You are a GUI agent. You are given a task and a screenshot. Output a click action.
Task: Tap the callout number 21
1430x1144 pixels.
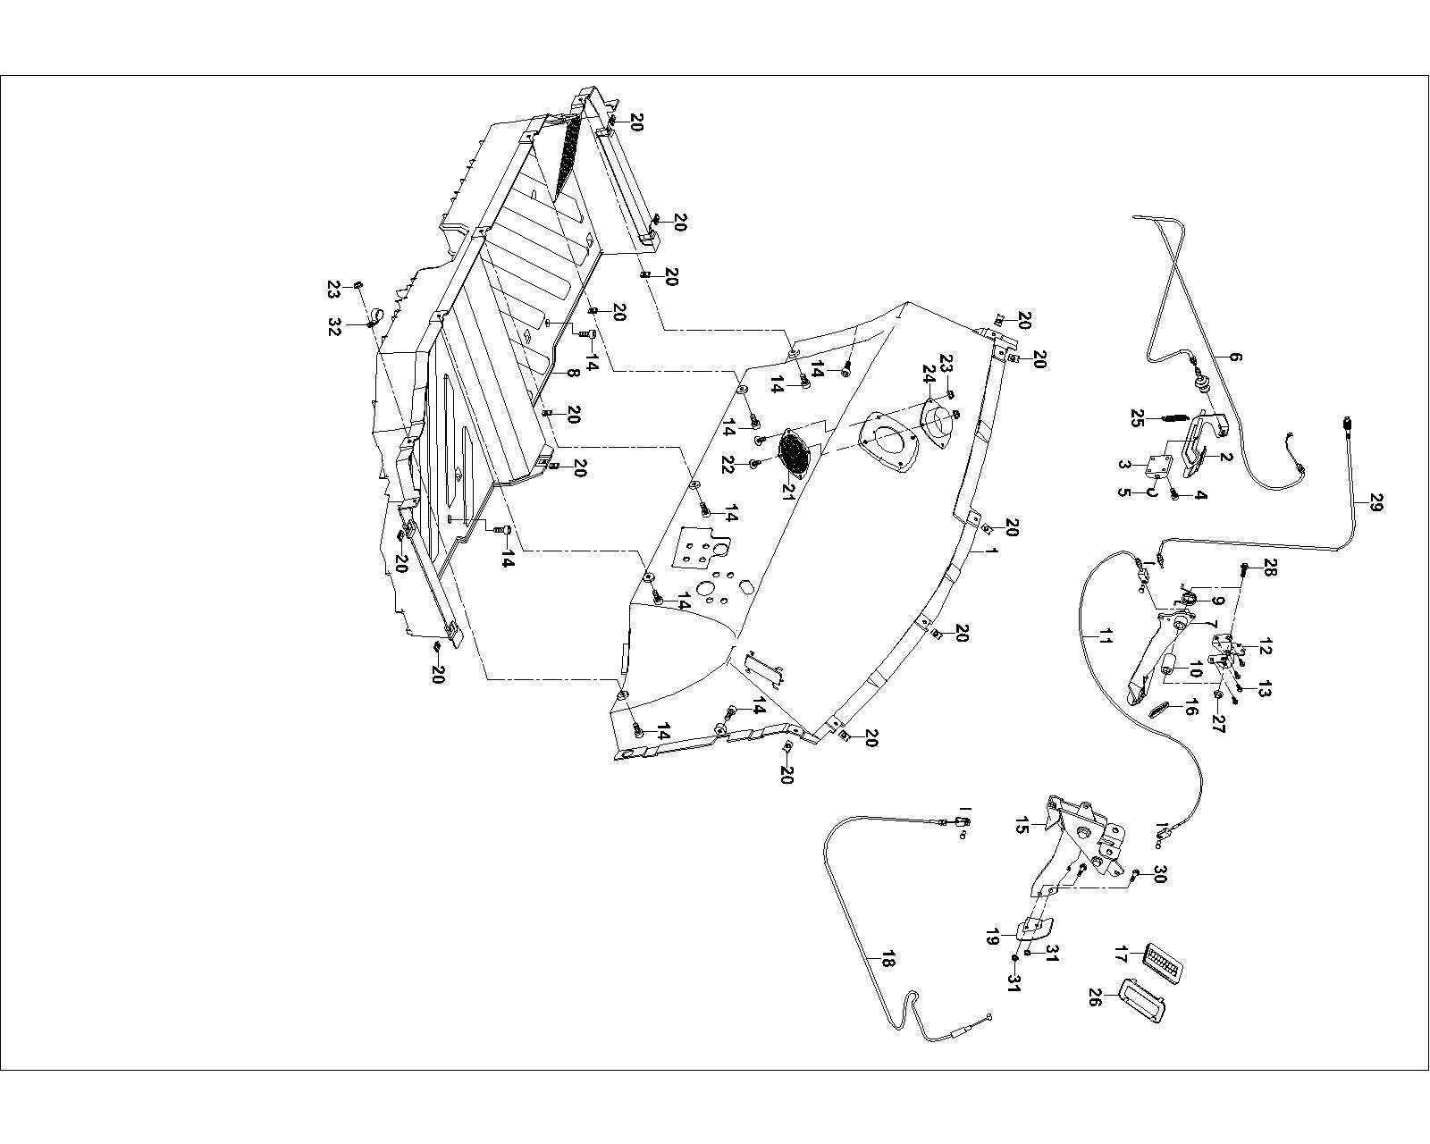tap(786, 490)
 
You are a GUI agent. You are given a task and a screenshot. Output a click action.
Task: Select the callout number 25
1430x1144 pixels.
tap(1138, 418)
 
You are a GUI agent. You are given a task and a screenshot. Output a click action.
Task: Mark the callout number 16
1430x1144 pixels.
tap(1190, 709)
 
